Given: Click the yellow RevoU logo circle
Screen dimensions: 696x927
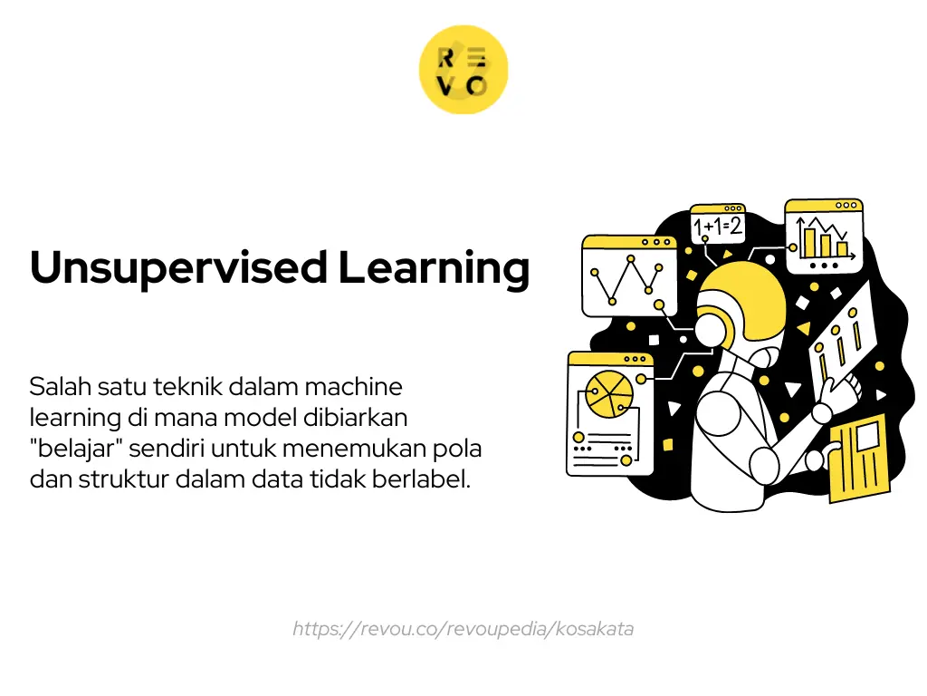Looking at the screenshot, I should tap(463, 70).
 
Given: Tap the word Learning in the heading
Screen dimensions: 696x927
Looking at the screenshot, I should tap(434, 268).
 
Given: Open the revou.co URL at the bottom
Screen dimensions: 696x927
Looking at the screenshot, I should tap(463, 628).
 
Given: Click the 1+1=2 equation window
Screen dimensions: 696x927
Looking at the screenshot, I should tap(717, 225).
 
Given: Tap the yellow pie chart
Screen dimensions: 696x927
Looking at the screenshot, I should tap(608, 391).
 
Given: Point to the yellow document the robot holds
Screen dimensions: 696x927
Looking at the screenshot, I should tap(860, 457).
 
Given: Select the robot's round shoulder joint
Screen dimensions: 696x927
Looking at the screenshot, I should tap(724, 400).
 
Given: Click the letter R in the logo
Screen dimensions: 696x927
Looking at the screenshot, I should tap(446, 58).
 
